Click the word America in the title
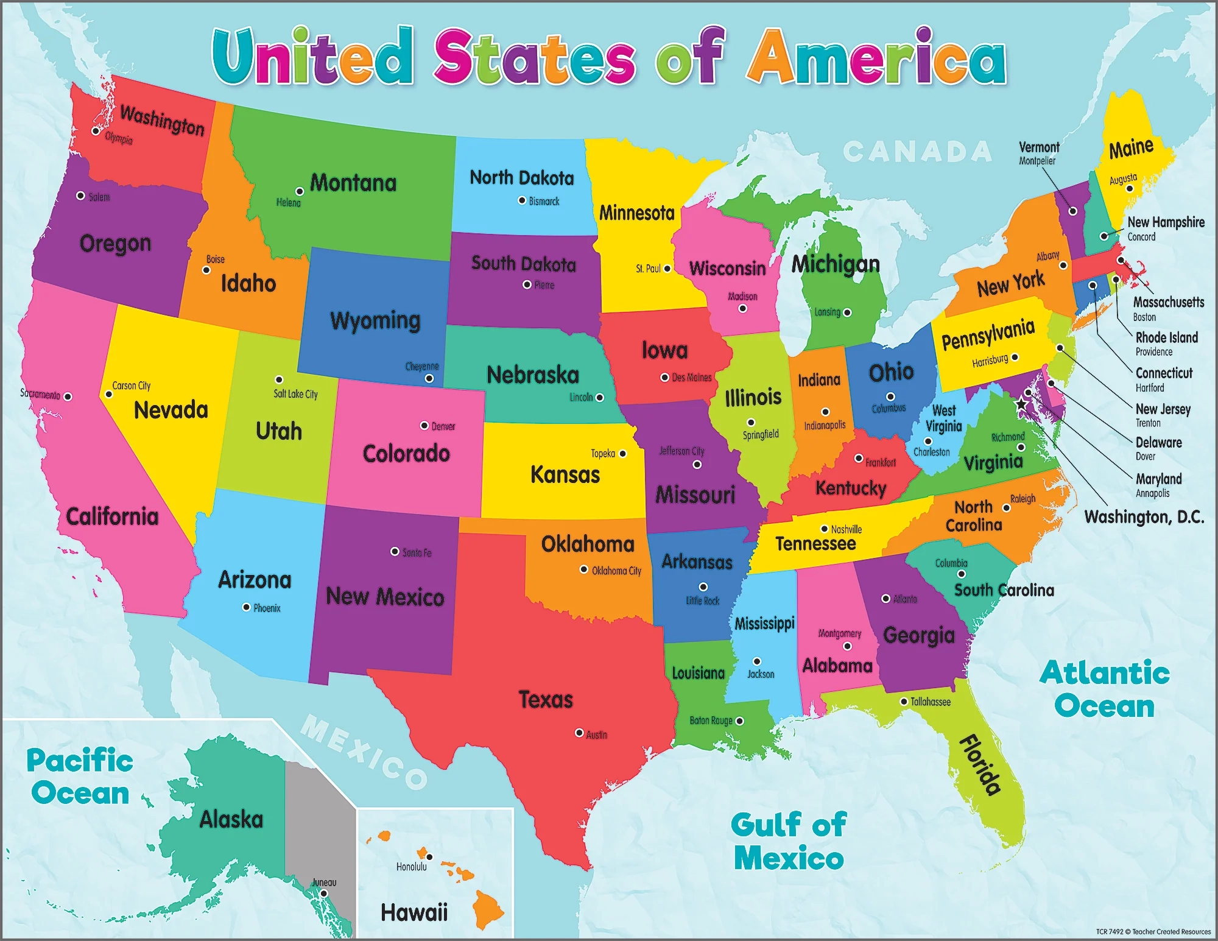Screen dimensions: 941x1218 [877, 58]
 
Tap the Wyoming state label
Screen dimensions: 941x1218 [375, 320]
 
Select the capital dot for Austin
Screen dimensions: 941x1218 [579, 733]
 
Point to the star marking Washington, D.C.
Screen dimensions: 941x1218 [1021, 404]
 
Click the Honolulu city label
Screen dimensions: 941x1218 [411, 867]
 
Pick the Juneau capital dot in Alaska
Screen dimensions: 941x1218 [324, 893]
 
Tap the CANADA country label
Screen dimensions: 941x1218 [917, 152]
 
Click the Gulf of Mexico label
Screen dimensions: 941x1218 [789, 842]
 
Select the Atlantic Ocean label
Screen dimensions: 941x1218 [1104, 689]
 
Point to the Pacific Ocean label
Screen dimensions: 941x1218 [80, 777]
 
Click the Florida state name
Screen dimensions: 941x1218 [980, 766]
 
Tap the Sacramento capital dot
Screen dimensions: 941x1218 [68, 396]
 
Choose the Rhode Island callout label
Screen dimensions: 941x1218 [1166, 338]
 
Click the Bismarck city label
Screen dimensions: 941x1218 [544, 201]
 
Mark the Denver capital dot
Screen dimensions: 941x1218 [424, 425]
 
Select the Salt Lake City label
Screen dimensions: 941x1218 [295, 394]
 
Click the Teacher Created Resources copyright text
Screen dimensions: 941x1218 [1153, 932]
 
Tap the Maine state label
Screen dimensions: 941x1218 [1131, 148]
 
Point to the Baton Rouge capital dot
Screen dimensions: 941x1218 [739, 721]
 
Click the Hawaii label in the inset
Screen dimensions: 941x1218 [414, 912]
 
